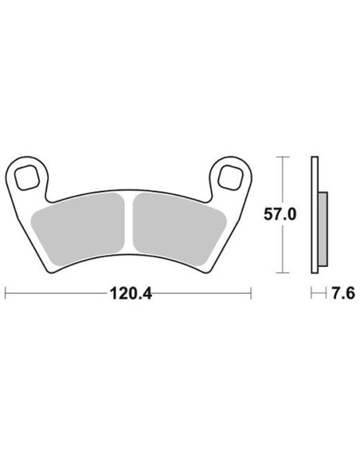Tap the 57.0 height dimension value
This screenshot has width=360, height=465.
pyautogui.click(x=280, y=215)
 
